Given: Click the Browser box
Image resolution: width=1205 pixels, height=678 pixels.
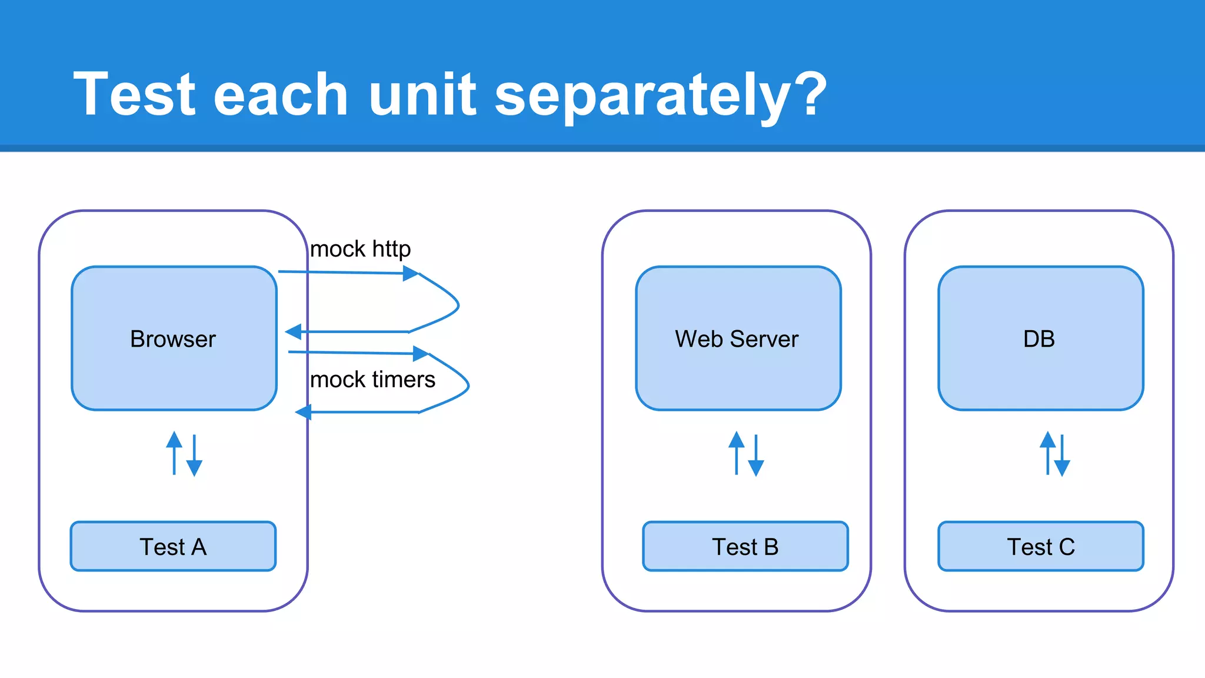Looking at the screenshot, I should (x=174, y=338).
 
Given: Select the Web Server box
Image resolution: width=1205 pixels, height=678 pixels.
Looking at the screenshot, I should (x=738, y=338).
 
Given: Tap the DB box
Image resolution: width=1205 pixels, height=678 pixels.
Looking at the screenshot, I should (x=1040, y=338).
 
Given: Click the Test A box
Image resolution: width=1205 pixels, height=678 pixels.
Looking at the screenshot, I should (x=173, y=546).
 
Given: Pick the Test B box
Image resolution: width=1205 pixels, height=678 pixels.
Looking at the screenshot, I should (x=745, y=546).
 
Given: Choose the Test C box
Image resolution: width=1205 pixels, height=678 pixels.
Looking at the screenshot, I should (x=1040, y=546).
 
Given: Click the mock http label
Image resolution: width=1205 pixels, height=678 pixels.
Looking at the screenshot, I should (x=360, y=249).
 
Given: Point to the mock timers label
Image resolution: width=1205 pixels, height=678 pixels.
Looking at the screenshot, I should (x=372, y=380).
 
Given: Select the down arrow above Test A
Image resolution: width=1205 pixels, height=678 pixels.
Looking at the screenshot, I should (x=194, y=456).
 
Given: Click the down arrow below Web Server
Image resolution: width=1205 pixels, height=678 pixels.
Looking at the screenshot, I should (x=756, y=456).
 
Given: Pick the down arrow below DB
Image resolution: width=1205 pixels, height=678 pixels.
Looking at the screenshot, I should (x=1062, y=456).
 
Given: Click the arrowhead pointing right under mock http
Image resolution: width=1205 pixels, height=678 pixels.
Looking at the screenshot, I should (x=411, y=273).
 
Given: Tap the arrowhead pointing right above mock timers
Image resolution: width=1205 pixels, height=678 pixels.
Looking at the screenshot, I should (x=421, y=353).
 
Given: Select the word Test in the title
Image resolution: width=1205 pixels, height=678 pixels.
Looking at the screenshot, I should (x=134, y=94).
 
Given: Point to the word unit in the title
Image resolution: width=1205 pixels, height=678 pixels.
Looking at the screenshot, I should (x=422, y=94).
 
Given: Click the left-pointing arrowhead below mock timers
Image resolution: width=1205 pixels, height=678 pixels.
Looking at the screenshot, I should (x=303, y=412).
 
